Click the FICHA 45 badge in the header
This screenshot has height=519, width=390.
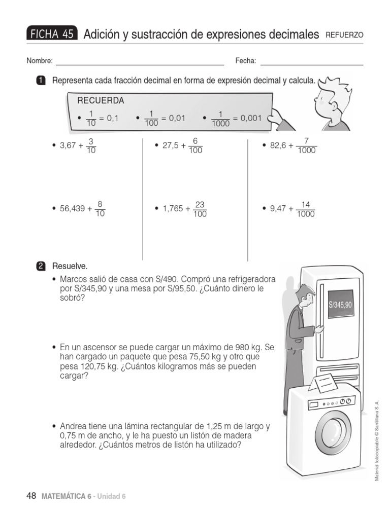point(52,34)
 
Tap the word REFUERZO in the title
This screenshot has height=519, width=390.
point(344,35)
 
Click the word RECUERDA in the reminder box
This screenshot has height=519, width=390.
point(101,101)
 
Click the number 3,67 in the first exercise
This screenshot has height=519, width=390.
point(68,145)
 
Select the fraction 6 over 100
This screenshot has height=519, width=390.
point(195,145)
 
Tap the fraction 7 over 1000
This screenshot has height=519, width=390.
point(306,145)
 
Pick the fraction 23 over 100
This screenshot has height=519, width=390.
point(200,209)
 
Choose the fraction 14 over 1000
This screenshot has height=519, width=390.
point(305,209)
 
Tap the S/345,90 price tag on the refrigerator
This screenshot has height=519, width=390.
point(340,305)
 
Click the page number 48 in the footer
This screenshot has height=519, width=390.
point(31,496)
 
